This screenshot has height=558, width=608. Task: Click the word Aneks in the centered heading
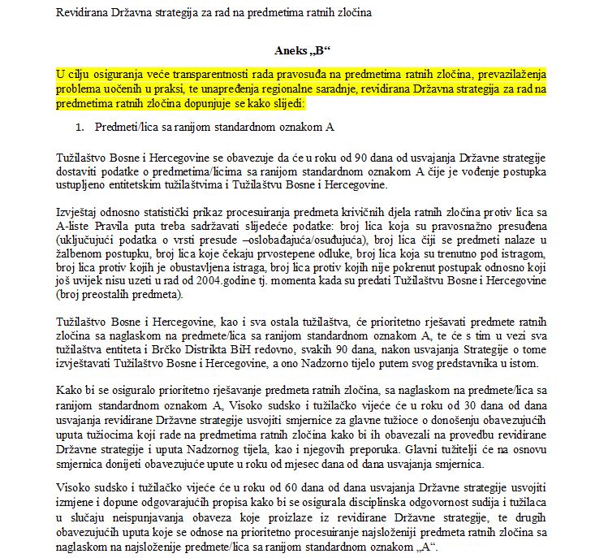click(x=282, y=50)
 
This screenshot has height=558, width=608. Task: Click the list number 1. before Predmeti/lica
click(x=80, y=128)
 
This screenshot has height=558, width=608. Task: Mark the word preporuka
click(x=370, y=451)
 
